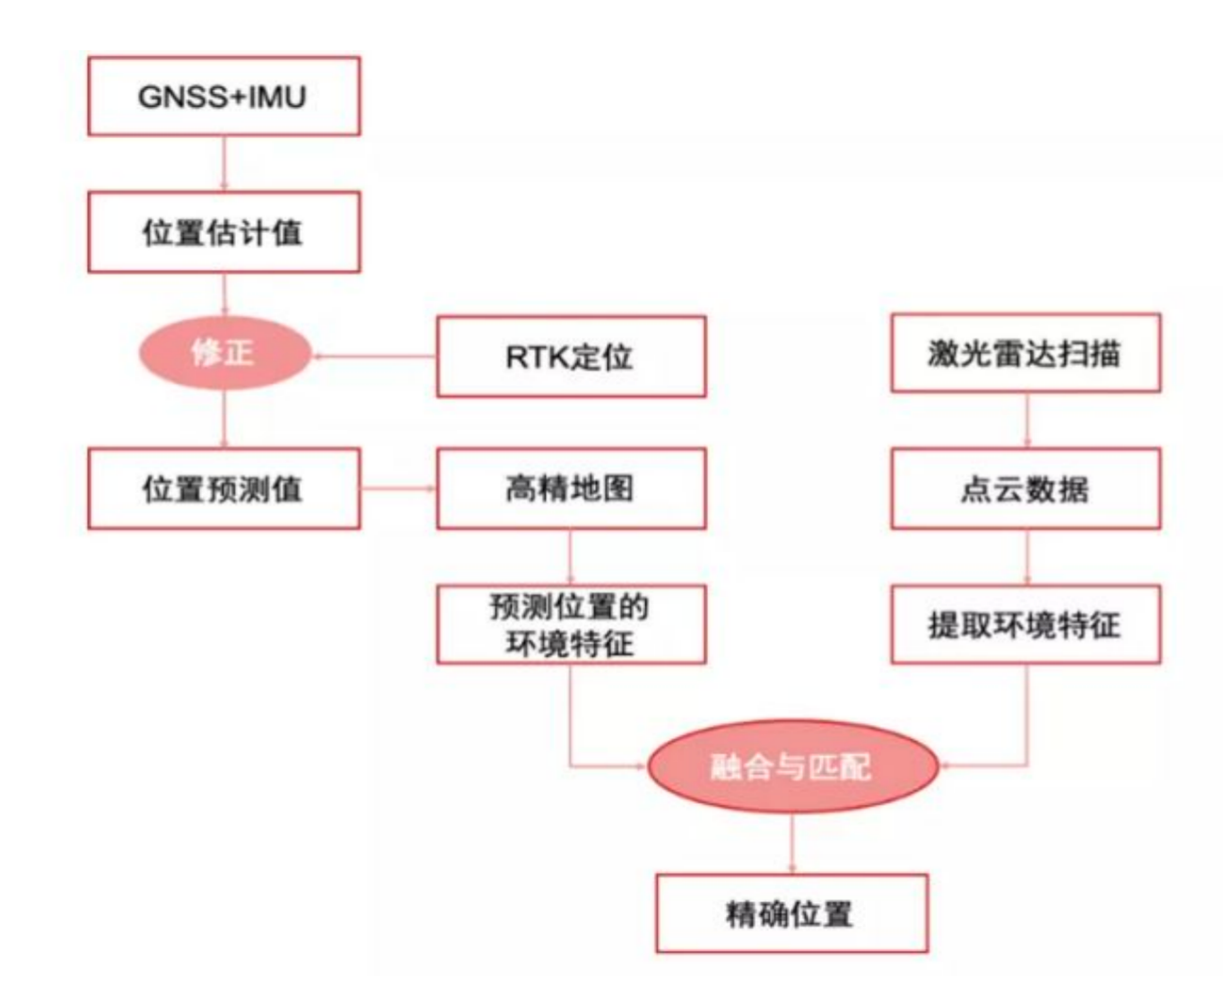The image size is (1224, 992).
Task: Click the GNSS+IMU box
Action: [x=223, y=97]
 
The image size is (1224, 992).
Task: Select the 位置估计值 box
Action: [x=223, y=232]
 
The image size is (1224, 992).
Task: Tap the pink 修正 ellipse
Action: [x=223, y=352]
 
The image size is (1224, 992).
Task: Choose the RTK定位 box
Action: [x=571, y=356]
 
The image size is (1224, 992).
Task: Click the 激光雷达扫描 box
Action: [x=1025, y=353]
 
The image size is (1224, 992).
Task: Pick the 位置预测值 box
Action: [x=223, y=489]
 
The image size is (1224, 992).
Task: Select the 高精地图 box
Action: [x=571, y=489]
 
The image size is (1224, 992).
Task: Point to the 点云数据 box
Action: [x=1025, y=489]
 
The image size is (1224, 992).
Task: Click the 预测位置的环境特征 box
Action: [x=571, y=624]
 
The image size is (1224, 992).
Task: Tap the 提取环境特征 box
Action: [x=1025, y=624]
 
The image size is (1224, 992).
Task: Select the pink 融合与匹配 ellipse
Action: [x=792, y=767]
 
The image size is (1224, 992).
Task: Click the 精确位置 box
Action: [x=791, y=914]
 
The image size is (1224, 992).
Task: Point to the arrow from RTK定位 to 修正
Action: [x=373, y=356]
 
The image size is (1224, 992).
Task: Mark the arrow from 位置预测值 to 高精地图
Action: [x=398, y=489]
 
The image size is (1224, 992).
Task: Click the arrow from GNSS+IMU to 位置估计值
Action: [x=224, y=163]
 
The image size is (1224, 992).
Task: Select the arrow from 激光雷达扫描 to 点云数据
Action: [x=1027, y=421]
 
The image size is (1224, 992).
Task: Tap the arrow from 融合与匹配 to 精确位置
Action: [x=791, y=844]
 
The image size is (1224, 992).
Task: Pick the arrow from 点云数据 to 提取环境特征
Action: [x=1027, y=557]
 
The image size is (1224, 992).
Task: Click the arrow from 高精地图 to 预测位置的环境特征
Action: [x=571, y=557]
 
